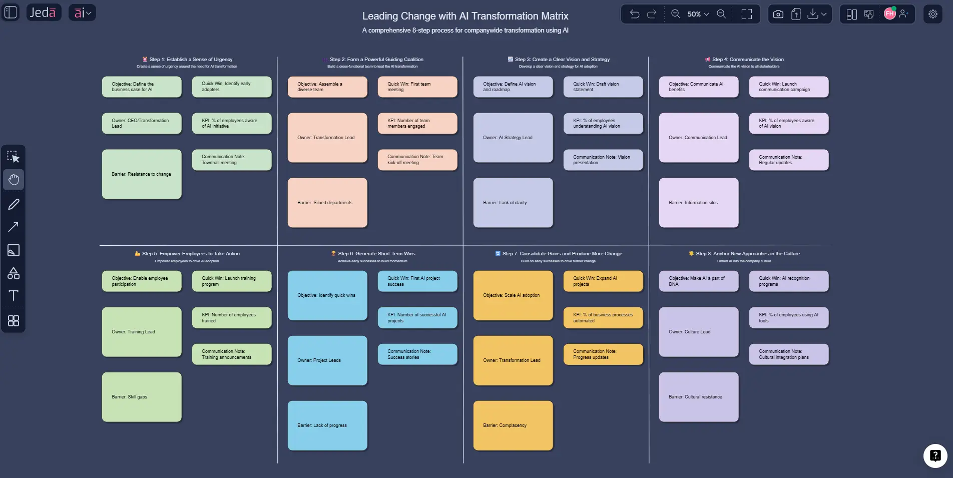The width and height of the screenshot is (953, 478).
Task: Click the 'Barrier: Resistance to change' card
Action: [x=142, y=174]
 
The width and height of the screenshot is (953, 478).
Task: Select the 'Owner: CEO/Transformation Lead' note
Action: [x=142, y=123]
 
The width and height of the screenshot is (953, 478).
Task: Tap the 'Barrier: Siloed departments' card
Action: [x=327, y=203]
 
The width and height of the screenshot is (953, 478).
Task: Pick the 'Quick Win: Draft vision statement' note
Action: [x=603, y=87]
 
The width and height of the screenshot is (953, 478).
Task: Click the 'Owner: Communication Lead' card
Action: [x=699, y=138]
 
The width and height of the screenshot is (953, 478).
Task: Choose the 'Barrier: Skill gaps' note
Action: [x=142, y=397]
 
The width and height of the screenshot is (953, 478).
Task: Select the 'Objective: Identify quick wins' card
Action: [x=327, y=295]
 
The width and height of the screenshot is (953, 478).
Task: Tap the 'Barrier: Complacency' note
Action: [x=513, y=425]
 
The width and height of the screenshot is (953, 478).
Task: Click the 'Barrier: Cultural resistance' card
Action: [x=699, y=397]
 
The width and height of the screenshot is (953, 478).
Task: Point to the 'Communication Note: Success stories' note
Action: [x=417, y=354]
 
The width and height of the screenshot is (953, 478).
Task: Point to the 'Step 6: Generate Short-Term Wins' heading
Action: [x=376, y=254]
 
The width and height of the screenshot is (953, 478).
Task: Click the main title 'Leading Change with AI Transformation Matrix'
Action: [x=465, y=16]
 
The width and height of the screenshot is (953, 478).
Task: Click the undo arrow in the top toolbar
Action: [x=635, y=14]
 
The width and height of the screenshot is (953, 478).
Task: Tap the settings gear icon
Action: [x=933, y=14]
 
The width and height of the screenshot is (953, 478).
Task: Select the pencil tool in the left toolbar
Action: [x=14, y=204]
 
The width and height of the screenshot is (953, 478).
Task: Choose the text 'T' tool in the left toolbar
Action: [x=14, y=296]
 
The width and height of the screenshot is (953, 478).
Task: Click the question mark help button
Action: [x=935, y=455]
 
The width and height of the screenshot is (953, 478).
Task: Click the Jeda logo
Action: [x=43, y=13]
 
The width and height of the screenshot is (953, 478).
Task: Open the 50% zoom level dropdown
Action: [x=698, y=14]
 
